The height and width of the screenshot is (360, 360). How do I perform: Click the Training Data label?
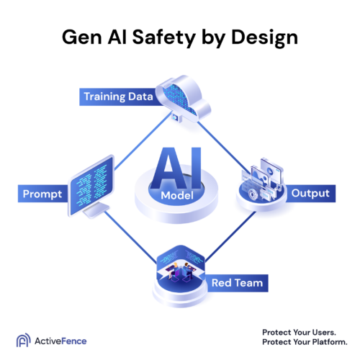tap(118, 96)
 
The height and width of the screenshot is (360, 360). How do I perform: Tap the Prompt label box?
tap(42, 193)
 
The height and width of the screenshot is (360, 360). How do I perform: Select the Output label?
tap(310, 193)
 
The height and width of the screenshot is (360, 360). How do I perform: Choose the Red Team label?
tap(235, 283)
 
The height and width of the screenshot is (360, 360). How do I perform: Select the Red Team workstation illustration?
tap(181, 269)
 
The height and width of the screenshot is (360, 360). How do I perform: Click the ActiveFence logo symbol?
tap(22, 340)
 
